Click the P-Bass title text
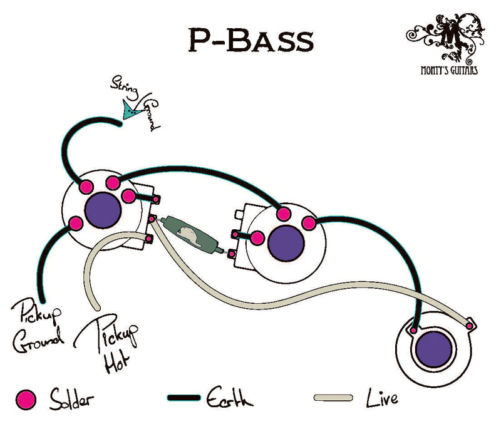point(250,40)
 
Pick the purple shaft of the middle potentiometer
point(286,241)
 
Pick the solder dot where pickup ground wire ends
point(76,223)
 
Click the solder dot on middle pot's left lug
point(257,237)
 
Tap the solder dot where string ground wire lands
point(86,187)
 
